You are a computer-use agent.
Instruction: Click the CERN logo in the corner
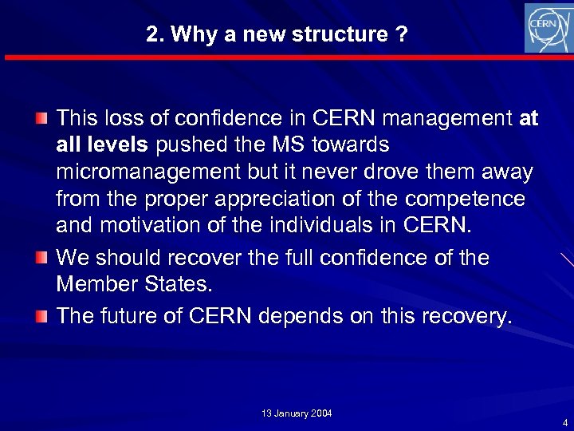(x=548, y=28)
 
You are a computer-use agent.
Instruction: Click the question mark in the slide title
(x=403, y=35)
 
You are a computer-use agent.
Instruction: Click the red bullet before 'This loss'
(x=41, y=119)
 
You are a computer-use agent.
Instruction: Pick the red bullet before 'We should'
(x=41, y=258)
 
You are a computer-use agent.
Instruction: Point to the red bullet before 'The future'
(x=41, y=315)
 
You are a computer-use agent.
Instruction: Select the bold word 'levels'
(x=121, y=145)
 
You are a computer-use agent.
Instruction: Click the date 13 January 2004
(x=297, y=413)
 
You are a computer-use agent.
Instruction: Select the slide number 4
(x=564, y=422)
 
